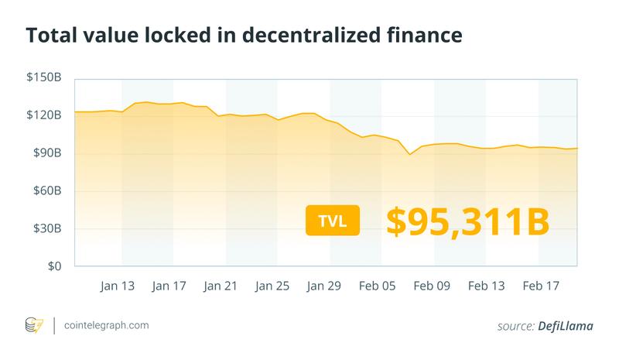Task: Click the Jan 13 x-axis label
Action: pyautogui.click(x=118, y=286)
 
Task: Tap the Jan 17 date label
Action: pyautogui.click(x=169, y=286)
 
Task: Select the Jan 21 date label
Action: pyautogui.click(x=221, y=286)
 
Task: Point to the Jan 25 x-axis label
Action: pyautogui.click(x=273, y=286)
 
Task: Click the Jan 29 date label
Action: pyautogui.click(x=325, y=286)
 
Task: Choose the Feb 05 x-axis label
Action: pyautogui.click(x=378, y=286)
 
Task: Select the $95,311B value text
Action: pyautogui.click(x=467, y=221)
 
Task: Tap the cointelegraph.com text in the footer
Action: pyautogui.click(x=107, y=326)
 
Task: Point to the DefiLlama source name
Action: pyautogui.click(x=564, y=327)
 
